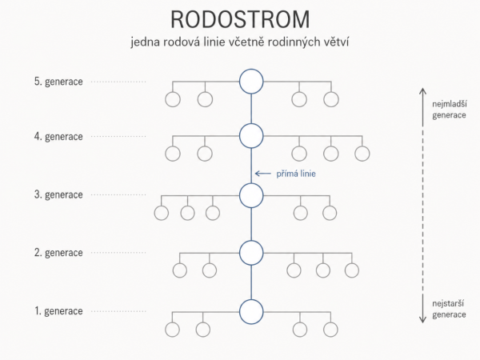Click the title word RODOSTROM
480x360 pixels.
click(x=240, y=19)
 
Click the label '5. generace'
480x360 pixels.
click(x=58, y=82)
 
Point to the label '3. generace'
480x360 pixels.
click(x=58, y=194)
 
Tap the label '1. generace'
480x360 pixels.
click(x=58, y=311)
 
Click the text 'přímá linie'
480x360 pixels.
click(x=296, y=174)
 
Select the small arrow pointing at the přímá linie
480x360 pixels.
click(x=263, y=174)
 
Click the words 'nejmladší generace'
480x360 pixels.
click(x=450, y=110)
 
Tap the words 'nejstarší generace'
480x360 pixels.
click(x=449, y=309)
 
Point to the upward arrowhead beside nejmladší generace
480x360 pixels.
click(x=422, y=90)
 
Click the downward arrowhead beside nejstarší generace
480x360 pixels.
click(x=422, y=320)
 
